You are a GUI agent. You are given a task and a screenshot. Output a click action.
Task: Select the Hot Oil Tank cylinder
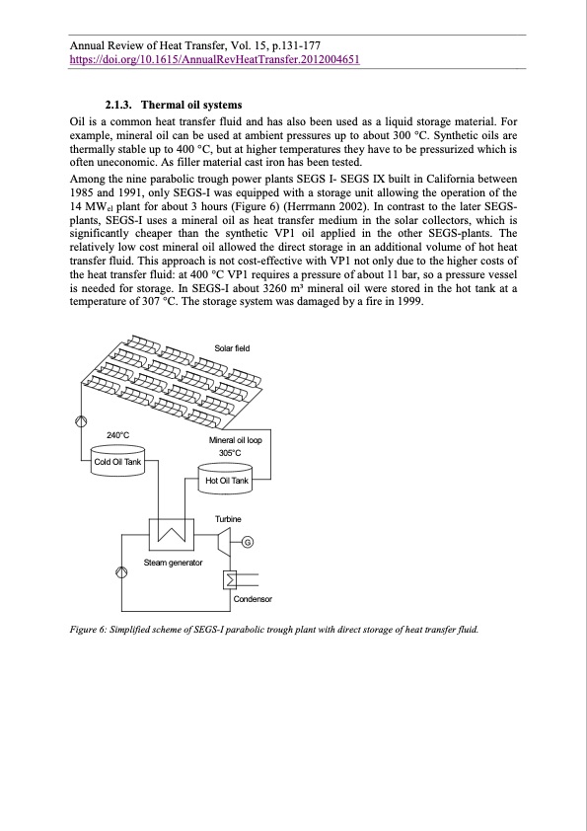226,479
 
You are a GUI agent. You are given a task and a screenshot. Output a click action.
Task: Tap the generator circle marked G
248,540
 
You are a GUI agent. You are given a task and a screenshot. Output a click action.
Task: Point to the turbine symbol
224,539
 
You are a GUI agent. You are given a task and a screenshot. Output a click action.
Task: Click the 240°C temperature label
117,434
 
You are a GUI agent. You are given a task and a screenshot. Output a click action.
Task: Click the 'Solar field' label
233,347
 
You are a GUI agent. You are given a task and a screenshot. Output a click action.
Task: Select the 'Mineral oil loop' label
240,440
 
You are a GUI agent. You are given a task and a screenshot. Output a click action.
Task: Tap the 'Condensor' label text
252,599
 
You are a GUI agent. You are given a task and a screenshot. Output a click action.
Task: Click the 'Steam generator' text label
173,562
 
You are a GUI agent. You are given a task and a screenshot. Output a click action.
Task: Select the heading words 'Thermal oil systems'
191,105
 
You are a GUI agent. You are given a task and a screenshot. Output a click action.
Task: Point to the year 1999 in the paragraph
407,301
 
